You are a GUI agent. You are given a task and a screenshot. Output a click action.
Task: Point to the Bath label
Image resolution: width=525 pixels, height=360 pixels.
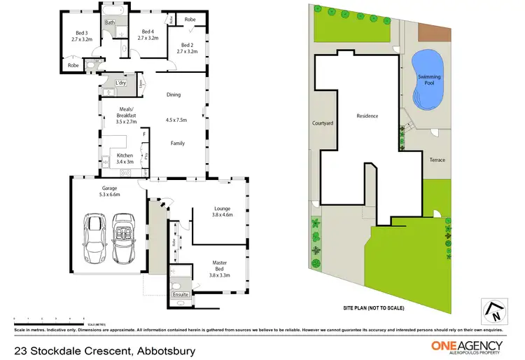click(x=110, y=22)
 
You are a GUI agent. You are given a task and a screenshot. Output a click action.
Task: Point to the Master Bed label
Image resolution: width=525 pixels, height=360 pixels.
click(x=220, y=267)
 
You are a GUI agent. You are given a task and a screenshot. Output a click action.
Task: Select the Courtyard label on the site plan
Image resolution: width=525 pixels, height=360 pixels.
click(x=322, y=123)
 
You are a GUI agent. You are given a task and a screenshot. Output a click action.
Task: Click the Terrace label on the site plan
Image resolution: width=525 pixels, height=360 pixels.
click(x=437, y=160)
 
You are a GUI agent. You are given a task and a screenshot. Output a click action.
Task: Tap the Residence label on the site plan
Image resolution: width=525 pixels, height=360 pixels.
click(x=367, y=116)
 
